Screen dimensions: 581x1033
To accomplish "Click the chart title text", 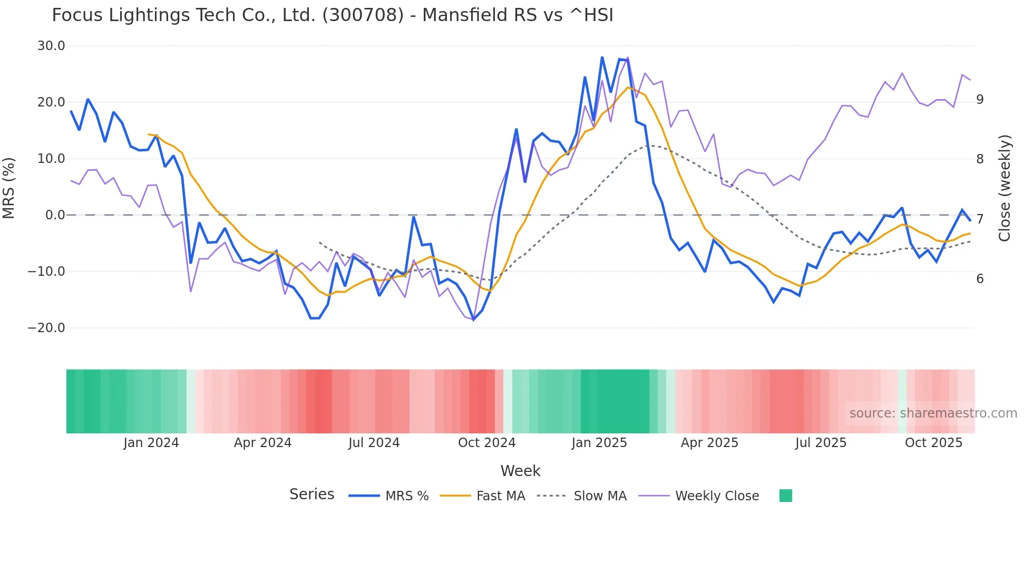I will [x=333, y=15].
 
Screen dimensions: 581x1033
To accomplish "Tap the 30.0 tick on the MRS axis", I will [x=51, y=46].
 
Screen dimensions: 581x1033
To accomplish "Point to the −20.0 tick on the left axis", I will [x=46, y=328].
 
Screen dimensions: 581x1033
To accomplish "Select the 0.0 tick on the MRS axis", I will [x=55, y=215].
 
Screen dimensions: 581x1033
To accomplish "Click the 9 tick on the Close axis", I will [x=980, y=100].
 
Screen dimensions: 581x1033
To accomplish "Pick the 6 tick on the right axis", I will [x=980, y=279].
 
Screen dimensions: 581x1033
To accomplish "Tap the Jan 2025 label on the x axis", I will [x=599, y=443].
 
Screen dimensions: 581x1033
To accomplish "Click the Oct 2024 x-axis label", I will [x=486, y=443].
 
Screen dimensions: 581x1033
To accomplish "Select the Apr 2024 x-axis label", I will [x=262, y=443].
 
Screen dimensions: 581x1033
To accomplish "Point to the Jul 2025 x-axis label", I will [x=821, y=443].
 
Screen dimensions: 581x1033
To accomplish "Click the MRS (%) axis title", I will [x=9, y=188].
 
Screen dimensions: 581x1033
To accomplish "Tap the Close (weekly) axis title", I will [x=1005, y=188].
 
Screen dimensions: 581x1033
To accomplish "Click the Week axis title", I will [x=520, y=471].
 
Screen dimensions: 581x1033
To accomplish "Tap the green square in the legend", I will [x=785, y=496].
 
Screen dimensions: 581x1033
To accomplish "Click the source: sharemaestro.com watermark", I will [x=933, y=413].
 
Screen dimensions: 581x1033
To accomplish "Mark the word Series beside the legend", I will [x=311, y=495].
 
